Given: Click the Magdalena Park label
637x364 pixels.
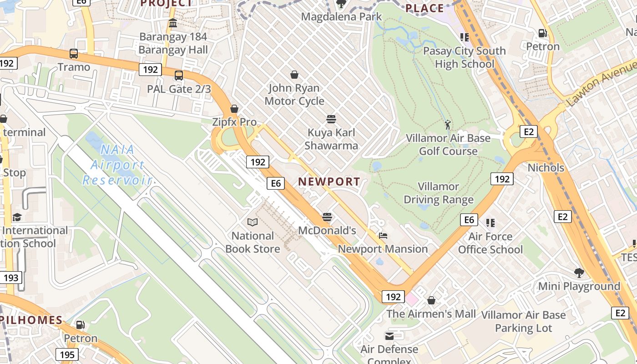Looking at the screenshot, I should pyautogui.click(x=342, y=17).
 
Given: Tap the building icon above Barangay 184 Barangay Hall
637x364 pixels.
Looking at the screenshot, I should pyautogui.click(x=173, y=23).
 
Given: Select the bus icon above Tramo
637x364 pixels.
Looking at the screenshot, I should pyautogui.click(x=74, y=54).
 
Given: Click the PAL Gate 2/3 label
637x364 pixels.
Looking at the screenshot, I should pyautogui.click(x=179, y=89).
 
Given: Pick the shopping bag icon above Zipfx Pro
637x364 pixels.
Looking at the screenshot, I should pyautogui.click(x=234, y=109).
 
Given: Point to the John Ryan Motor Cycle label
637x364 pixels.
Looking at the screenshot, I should pyautogui.click(x=294, y=94).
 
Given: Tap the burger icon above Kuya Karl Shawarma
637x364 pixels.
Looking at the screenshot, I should pyautogui.click(x=331, y=119).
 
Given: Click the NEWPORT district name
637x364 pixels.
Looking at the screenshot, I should pyautogui.click(x=329, y=182).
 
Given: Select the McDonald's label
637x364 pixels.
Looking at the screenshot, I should pyautogui.click(x=327, y=230).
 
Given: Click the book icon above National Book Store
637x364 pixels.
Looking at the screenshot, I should pyautogui.click(x=253, y=222).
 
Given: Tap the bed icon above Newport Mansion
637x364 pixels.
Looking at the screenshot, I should pyautogui.click(x=383, y=236).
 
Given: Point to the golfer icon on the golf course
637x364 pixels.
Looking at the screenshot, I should pyautogui.click(x=448, y=124).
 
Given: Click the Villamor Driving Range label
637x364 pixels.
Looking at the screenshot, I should pyautogui.click(x=439, y=193).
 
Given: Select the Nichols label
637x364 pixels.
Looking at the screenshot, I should pyautogui.click(x=546, y=167).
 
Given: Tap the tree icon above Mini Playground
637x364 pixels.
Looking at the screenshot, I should pyautogui.click(x=579, y=273).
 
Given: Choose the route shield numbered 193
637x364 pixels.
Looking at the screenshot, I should pyautogui.click(x=11, y=277).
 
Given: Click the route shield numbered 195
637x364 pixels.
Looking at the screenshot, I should pyautogui.click(x=67, y=354).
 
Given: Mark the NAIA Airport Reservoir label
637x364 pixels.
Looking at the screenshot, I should pyautogui.click(x=117, y=164).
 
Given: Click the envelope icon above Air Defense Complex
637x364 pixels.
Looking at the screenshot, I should pyautogui.click(x=389, y=336).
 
